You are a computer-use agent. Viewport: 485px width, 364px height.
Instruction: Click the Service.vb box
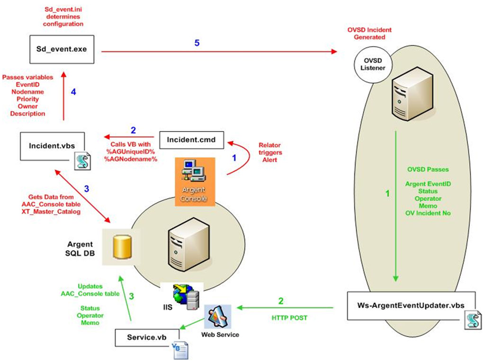[x=147, y=337]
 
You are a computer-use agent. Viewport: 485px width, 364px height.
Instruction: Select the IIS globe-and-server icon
[x=185, y=298]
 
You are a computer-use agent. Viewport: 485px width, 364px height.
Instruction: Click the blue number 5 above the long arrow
[x=197, y=43]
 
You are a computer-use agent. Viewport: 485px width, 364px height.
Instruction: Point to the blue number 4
[x=73, y=92]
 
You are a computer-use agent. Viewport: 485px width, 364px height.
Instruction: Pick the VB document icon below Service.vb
[x=180, y=350]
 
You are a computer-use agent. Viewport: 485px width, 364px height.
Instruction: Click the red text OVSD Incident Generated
[x=369, y=33]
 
